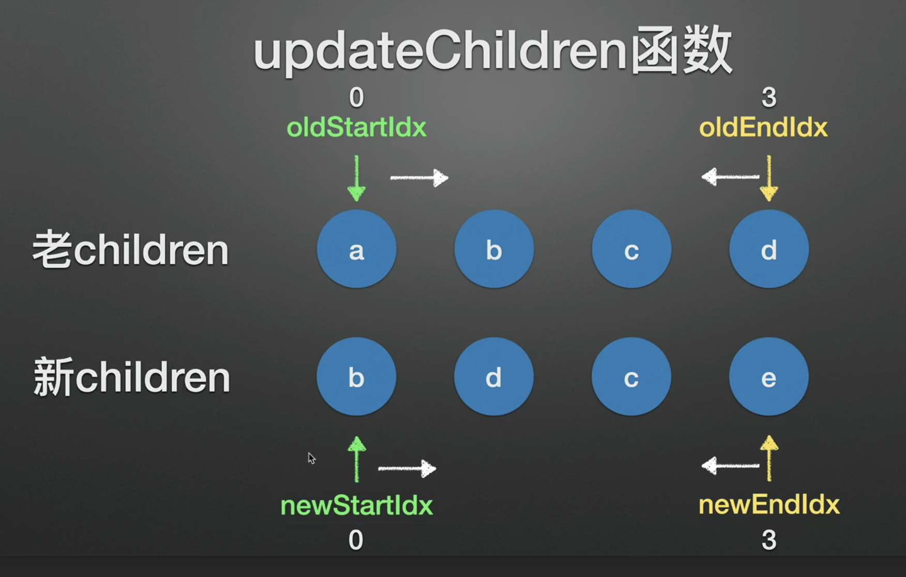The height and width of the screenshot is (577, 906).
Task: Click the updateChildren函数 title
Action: point(492,52)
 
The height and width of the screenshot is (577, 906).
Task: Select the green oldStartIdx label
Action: point(356,127)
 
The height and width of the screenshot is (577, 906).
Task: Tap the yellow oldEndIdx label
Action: point(763,127)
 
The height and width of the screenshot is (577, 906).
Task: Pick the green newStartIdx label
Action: point(356,505)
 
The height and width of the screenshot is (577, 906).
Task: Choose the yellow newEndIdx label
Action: point(769,505)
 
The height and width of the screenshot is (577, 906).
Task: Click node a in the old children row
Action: point(356,249)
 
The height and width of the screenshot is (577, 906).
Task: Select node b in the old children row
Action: point(494,249)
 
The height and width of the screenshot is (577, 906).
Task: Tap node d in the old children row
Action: point(769,249)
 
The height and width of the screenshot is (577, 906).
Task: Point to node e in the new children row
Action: point(769,377)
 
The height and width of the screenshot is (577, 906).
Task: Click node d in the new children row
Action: point(494,377)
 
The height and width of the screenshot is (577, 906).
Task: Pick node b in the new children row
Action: point(356,377)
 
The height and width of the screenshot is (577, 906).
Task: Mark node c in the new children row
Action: point(631,377)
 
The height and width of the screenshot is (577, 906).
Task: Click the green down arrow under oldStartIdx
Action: point(356,178)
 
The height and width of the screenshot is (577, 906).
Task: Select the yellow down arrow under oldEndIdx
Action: point(769,178)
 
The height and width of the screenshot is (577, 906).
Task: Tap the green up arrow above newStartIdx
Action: point(356,459)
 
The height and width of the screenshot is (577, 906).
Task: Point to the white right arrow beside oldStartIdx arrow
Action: point(419,178)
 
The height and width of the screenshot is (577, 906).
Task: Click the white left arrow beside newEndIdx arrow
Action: point(730,466)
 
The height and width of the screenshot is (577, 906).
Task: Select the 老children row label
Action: point(130,250)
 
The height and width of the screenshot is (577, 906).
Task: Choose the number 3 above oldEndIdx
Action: point(769,97)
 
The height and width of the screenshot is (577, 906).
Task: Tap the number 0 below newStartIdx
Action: point(356,540)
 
